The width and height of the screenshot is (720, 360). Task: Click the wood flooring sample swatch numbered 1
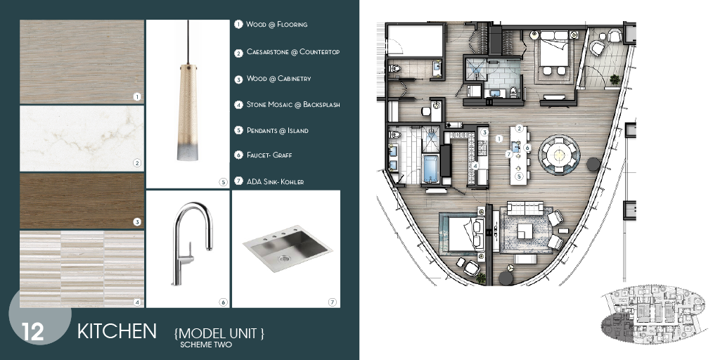[82, 61]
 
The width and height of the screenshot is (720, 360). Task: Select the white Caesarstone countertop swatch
[82, 138]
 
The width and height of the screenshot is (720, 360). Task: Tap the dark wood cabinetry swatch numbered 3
[82, 202]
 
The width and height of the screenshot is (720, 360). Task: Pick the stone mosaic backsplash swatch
[82, 269]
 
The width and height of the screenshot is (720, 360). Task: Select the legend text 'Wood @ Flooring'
[276, 25]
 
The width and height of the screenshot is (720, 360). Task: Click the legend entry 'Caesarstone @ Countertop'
[292, 52]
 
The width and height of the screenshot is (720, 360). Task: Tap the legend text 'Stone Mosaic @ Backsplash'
[293, 105]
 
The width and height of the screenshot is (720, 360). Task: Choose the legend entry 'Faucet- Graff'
[269, 155]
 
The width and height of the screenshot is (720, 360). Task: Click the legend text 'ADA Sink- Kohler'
[275, 181]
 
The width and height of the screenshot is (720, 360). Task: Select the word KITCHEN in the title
[117, 331]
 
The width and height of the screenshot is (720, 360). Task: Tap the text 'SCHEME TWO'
[206, 345]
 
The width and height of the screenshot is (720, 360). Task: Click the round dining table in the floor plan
[559, 152]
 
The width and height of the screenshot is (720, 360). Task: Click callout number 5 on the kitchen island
[519, 177]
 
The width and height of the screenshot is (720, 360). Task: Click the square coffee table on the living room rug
[525, 231]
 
